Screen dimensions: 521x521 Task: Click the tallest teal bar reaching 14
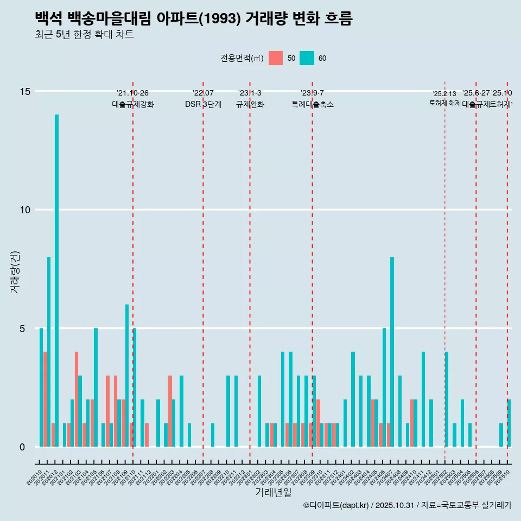(56, 281)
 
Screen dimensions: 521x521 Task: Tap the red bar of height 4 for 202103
(77, 399)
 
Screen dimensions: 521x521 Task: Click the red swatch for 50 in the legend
(276, 58)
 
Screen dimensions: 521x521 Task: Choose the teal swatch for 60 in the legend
(307, 58)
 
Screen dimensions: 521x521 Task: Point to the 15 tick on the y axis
(25, 91)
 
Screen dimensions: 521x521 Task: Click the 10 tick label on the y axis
(25, 210)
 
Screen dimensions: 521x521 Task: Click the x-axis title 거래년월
(273, 493)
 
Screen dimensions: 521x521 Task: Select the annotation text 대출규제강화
(133, 104)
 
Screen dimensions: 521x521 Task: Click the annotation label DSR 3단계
(203, 104)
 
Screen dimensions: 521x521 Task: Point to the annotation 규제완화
(250, 104)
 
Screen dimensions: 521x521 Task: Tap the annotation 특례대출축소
(312, 104)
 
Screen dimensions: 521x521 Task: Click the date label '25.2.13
(444, 94)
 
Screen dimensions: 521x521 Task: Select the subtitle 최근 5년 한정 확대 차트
(84, 35)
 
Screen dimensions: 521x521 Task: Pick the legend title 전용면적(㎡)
(242, 58)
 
